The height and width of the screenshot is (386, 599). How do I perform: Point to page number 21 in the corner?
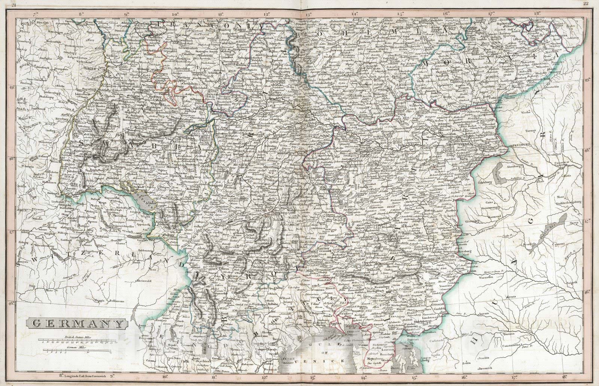(x=13, y=4)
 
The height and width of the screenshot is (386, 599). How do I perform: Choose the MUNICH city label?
(x=239, y=165)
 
